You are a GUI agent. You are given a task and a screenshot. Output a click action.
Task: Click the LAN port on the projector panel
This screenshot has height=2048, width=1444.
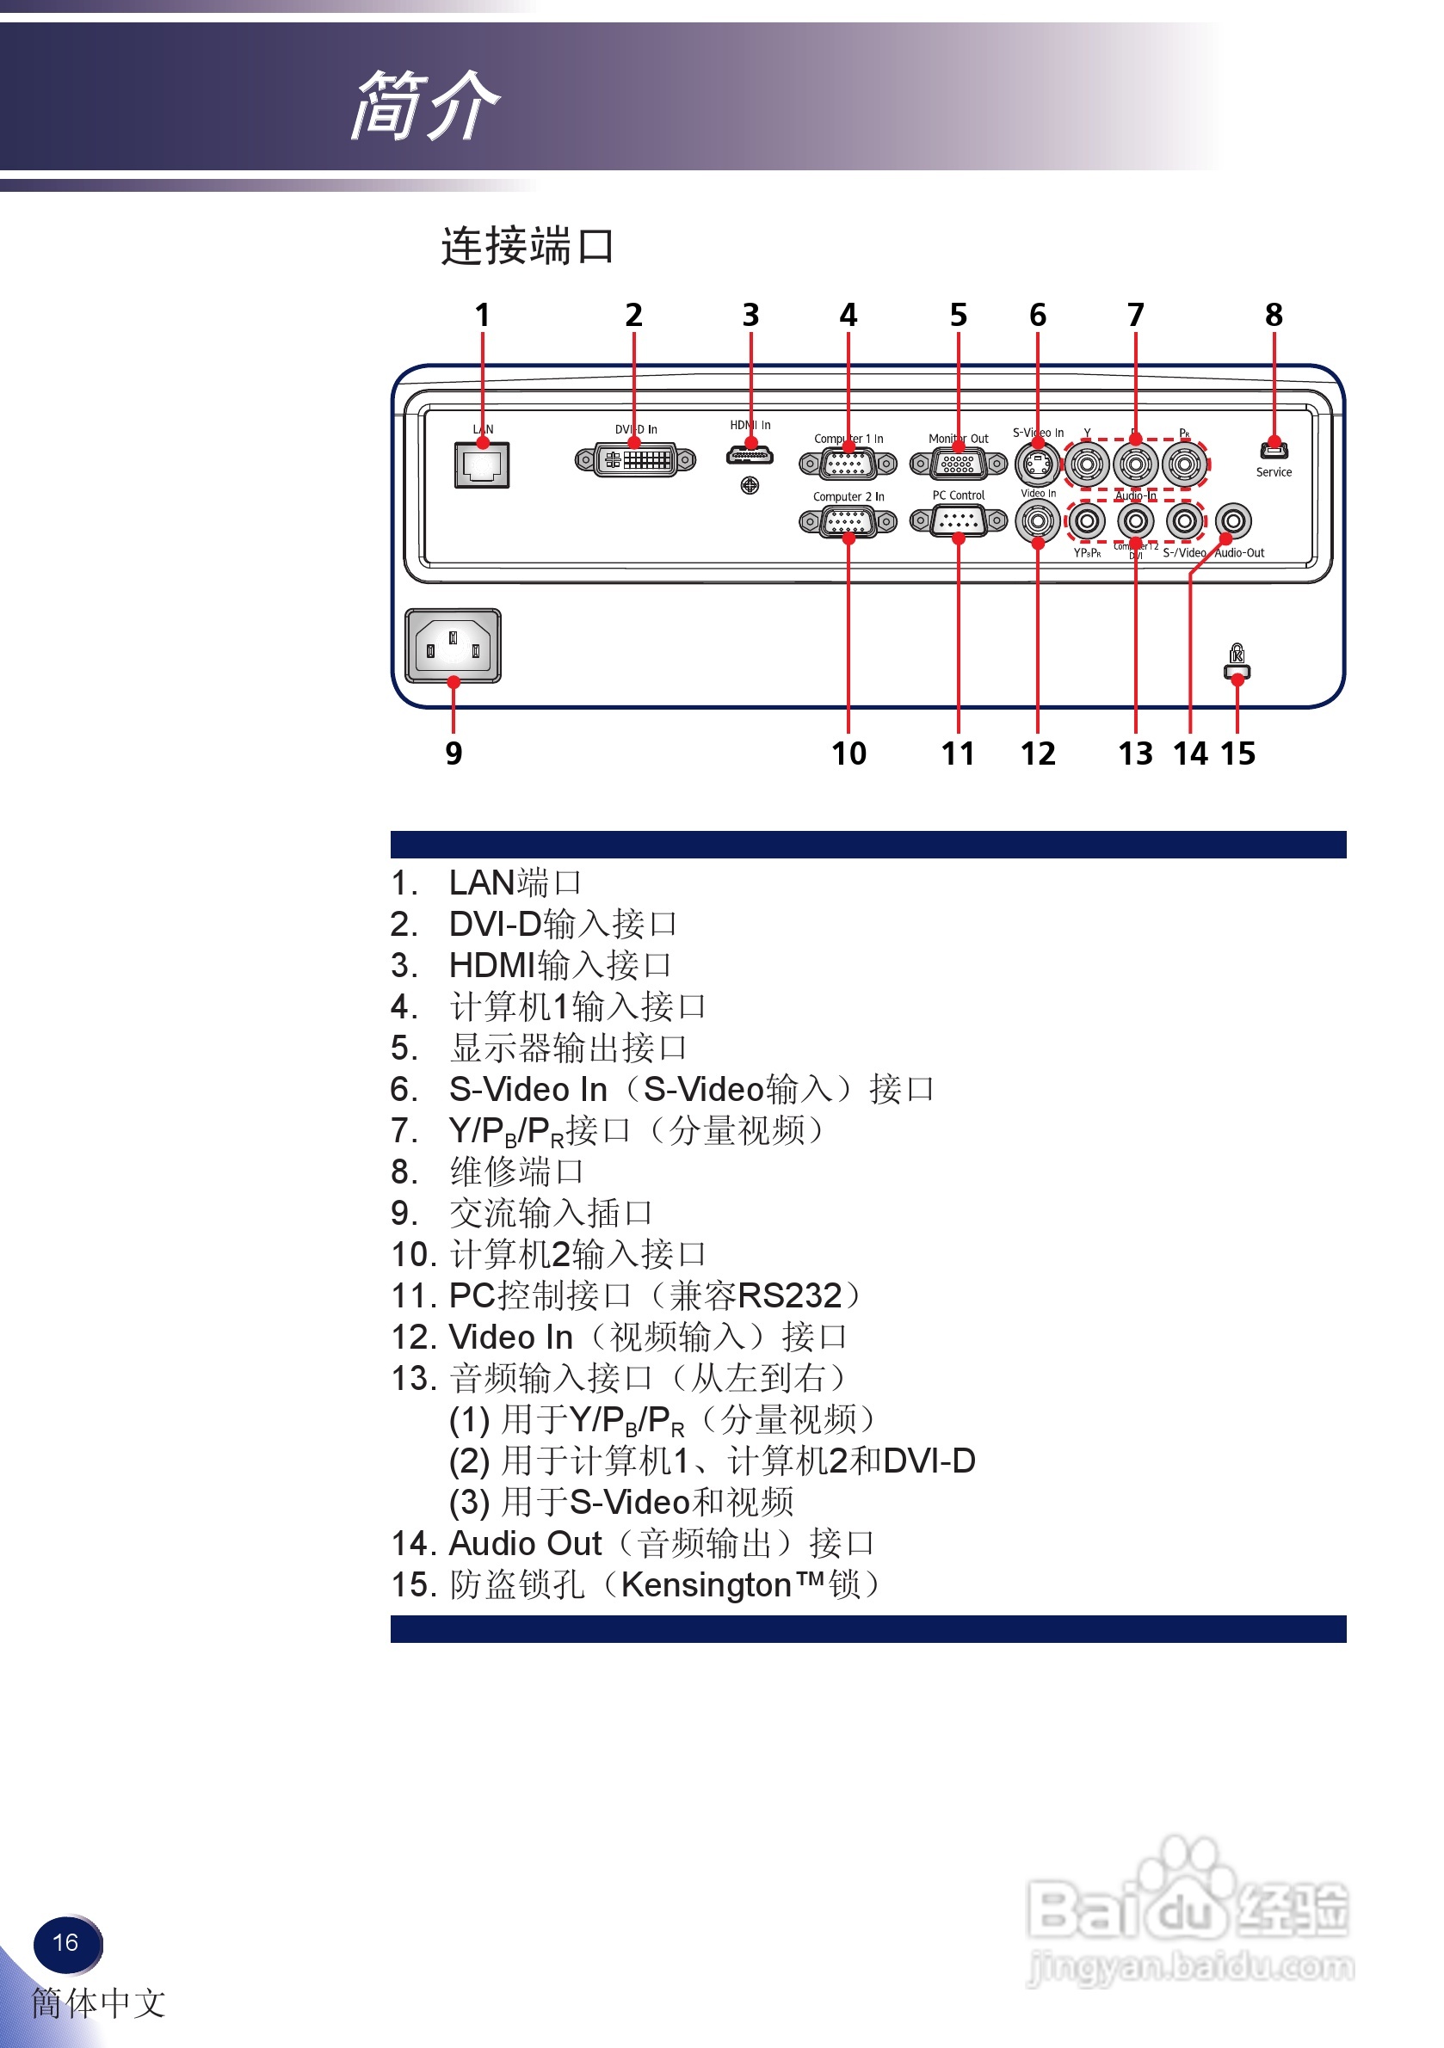click(482, 464)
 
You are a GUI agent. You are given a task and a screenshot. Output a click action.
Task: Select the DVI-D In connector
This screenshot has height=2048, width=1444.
click(634, 460)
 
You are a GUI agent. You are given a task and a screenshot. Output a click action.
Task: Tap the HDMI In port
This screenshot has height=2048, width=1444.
click(750, 455)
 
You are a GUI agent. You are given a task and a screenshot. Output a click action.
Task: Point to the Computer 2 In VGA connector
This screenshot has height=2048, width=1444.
click(848, 522)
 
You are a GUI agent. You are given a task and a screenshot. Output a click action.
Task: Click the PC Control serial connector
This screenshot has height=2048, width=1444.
click(958, 521)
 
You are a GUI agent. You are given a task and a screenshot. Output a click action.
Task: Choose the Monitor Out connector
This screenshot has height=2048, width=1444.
click(958, 464)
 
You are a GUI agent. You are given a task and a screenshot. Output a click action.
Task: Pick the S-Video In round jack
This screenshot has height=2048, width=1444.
click(1037, 464)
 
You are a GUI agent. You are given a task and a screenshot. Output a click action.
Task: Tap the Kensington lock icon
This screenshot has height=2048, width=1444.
click(1237, 661)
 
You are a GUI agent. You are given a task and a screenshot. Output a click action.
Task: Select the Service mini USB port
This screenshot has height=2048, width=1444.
click(1274, 450)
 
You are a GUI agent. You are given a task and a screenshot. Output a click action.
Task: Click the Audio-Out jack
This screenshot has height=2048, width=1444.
click(1233, 521)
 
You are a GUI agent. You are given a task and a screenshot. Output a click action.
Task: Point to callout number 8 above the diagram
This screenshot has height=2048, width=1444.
click(1274, 315)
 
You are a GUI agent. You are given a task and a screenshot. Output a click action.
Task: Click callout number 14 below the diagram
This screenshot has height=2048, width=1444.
click(1190, 753)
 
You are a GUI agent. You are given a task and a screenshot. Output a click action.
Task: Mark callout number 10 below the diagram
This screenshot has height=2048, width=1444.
click(849, 753)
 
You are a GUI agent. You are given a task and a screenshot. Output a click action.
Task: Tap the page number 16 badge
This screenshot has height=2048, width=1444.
click(66, 1943)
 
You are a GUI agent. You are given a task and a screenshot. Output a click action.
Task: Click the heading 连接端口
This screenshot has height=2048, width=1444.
click(528, 246)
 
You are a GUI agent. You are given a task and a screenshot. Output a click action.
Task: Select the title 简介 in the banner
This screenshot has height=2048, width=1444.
click(425, 105)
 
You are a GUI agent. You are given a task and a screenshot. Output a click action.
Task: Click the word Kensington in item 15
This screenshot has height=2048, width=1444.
click(706, 1585)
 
